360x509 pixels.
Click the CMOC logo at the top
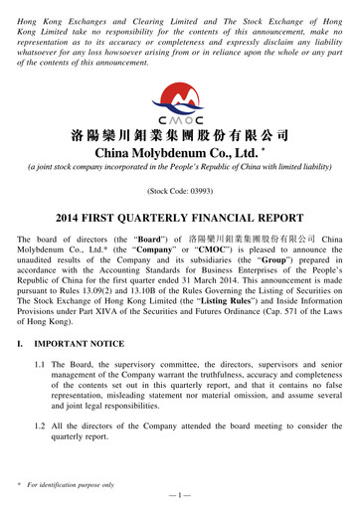point(179,102)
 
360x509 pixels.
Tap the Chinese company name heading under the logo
point(179,134)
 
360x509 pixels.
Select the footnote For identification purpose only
point(75,482)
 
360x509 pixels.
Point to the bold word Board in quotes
point(132,241)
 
